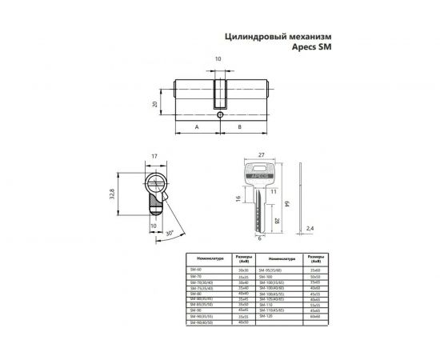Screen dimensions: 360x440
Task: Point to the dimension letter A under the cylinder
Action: [196, 126]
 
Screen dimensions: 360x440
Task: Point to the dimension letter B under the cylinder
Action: [239, 126]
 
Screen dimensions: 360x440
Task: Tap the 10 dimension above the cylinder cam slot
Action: [218, 59]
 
